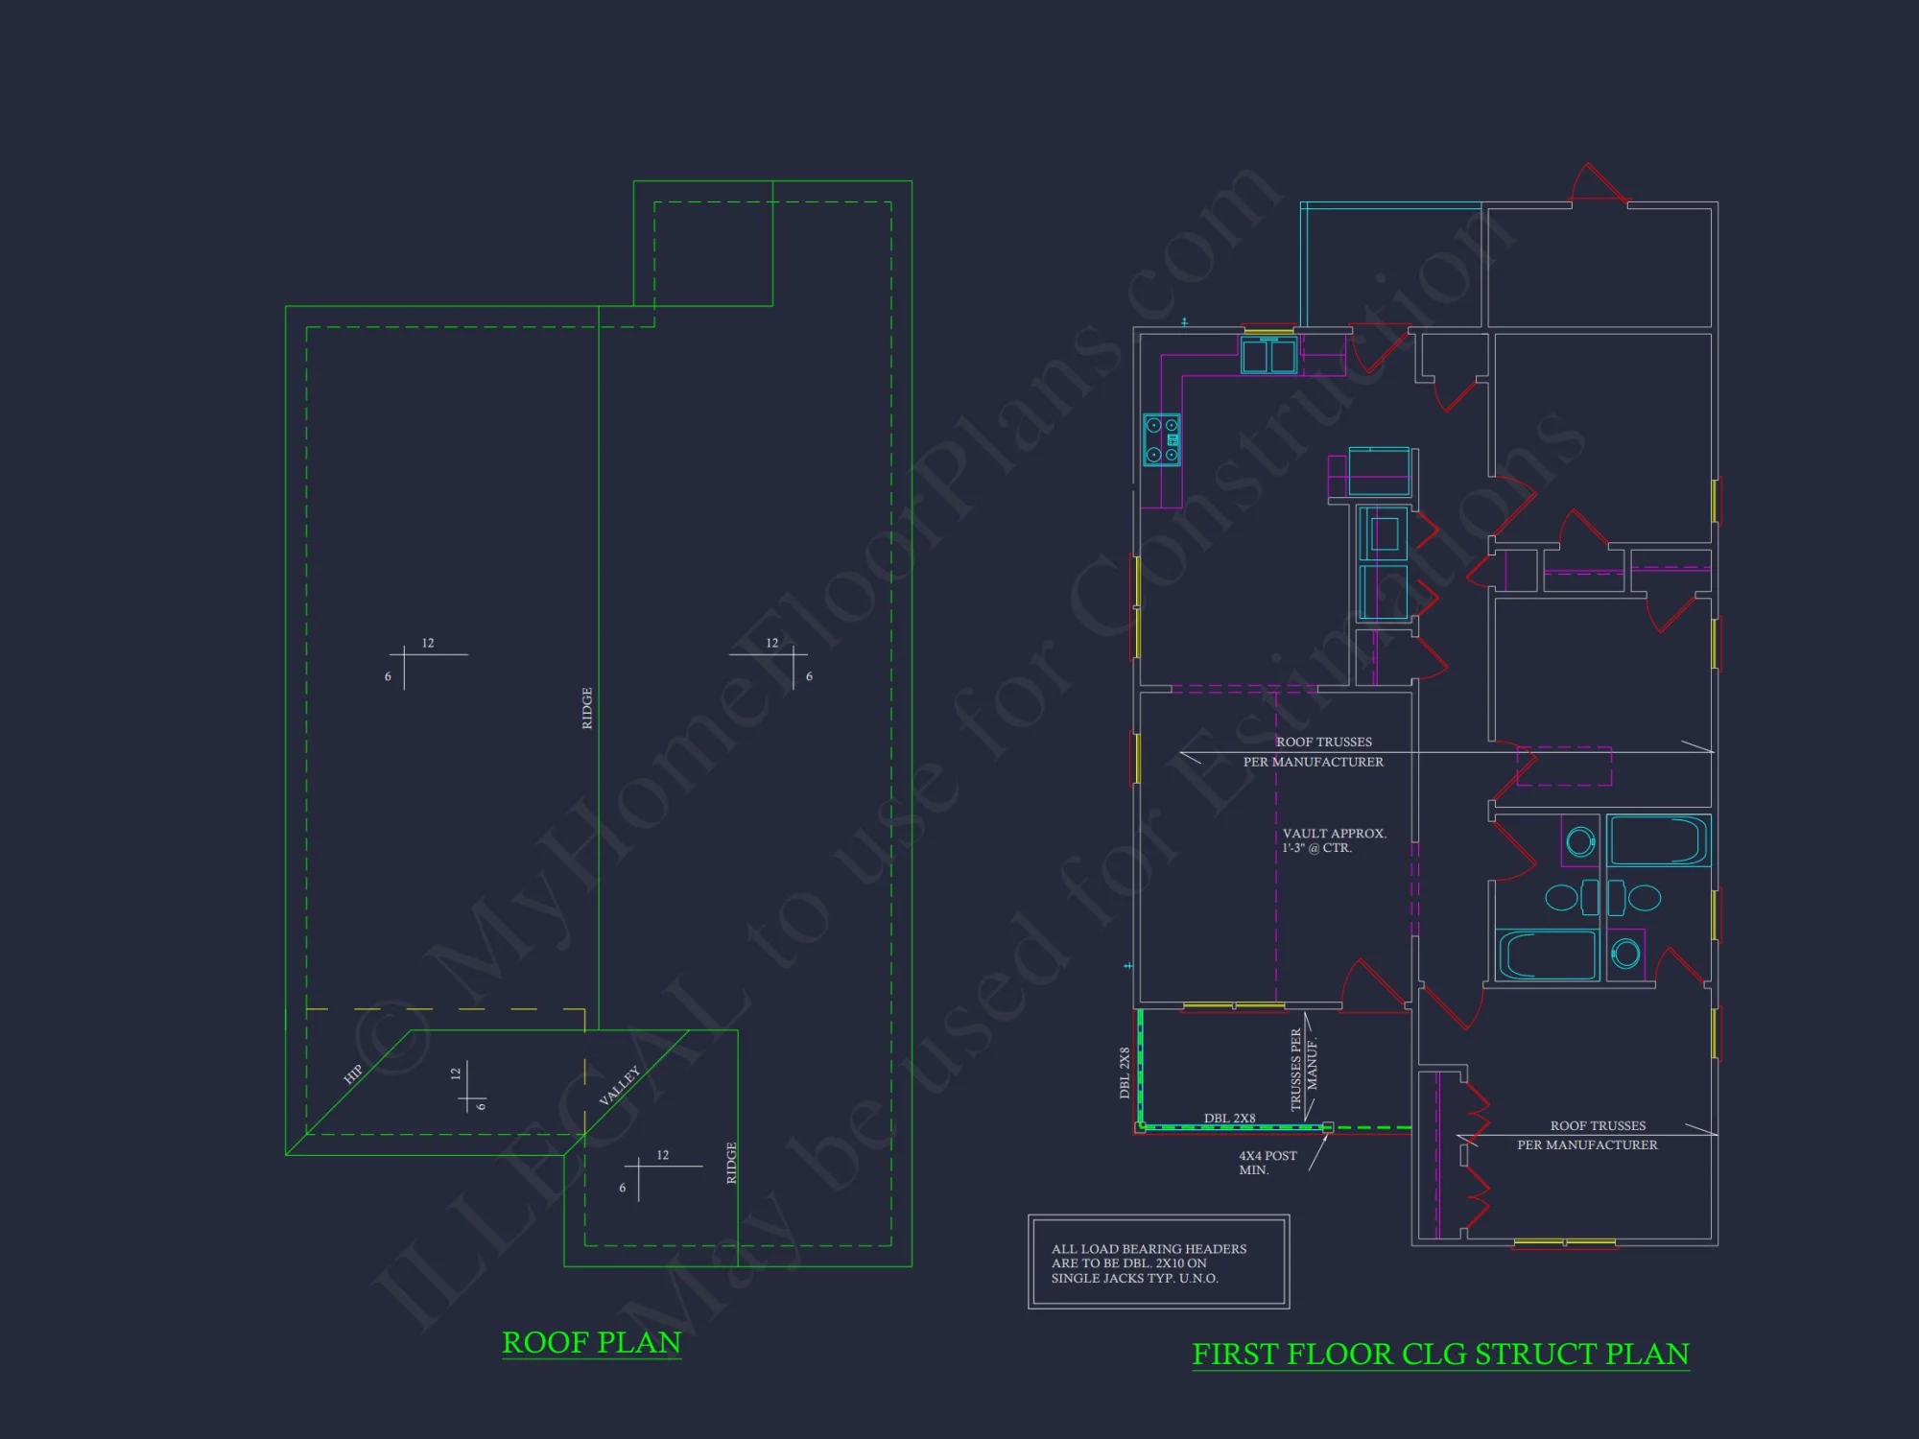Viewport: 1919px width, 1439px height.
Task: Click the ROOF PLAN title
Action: click(591, 1342)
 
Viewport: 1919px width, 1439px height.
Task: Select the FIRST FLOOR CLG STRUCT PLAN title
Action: click(1440, 1354)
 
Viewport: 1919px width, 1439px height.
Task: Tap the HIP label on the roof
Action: click(353, 1073)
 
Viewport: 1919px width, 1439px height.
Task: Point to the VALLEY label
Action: click(619, 1086)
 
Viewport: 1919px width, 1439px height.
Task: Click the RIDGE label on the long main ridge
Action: click(587, 708)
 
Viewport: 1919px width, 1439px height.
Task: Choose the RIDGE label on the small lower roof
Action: click(731, 1163)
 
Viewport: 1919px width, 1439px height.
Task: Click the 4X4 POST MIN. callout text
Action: click(1267, 1163)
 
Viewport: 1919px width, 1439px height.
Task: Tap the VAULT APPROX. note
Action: click(1334, 840)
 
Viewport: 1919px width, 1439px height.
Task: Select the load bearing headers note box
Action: click(1158, 1262)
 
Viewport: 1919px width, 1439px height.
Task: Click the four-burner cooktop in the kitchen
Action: click(1162, 440)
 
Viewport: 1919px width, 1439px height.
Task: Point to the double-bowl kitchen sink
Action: click(1268, 356)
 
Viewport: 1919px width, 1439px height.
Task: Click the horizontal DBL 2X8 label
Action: click(1229, 1118)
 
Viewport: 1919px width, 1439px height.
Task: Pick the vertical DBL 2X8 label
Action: click(1125, 1073)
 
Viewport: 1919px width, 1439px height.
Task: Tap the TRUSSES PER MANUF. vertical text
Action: click(1304, 1070)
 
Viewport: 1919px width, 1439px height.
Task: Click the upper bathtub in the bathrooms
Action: click(1658, 840)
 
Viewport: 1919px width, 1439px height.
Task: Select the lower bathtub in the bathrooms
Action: click(1547, 955)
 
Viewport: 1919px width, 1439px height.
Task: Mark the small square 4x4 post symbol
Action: click(1328, 1128)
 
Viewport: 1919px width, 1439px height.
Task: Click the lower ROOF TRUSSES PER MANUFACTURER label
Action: click(1588, 1135)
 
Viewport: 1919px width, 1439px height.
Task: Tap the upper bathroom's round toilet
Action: click(1579, 842)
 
